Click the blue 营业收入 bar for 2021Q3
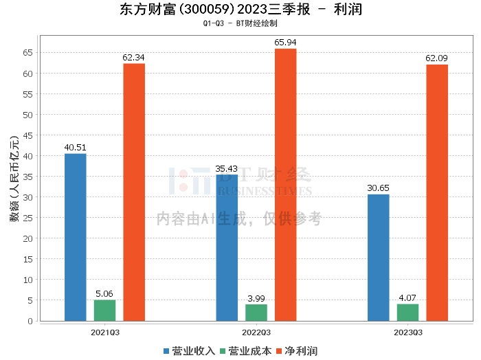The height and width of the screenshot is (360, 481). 76,237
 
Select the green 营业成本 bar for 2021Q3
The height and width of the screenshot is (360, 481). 104,311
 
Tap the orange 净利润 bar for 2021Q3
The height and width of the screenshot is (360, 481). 134,192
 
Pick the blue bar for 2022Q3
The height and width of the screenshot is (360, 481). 227,247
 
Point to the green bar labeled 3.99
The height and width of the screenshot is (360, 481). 256,313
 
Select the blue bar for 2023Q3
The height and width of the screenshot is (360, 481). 378,258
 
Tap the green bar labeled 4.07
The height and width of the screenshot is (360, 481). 407,313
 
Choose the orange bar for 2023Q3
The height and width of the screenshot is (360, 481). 437,192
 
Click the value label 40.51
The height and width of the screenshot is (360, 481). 76,147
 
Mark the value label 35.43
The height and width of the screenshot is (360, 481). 227,168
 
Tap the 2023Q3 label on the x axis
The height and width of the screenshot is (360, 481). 407,332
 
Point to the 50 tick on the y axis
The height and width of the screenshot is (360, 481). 28,115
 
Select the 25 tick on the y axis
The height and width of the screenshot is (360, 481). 28,218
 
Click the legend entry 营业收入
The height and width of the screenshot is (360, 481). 190,351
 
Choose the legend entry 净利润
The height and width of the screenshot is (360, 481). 297,351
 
